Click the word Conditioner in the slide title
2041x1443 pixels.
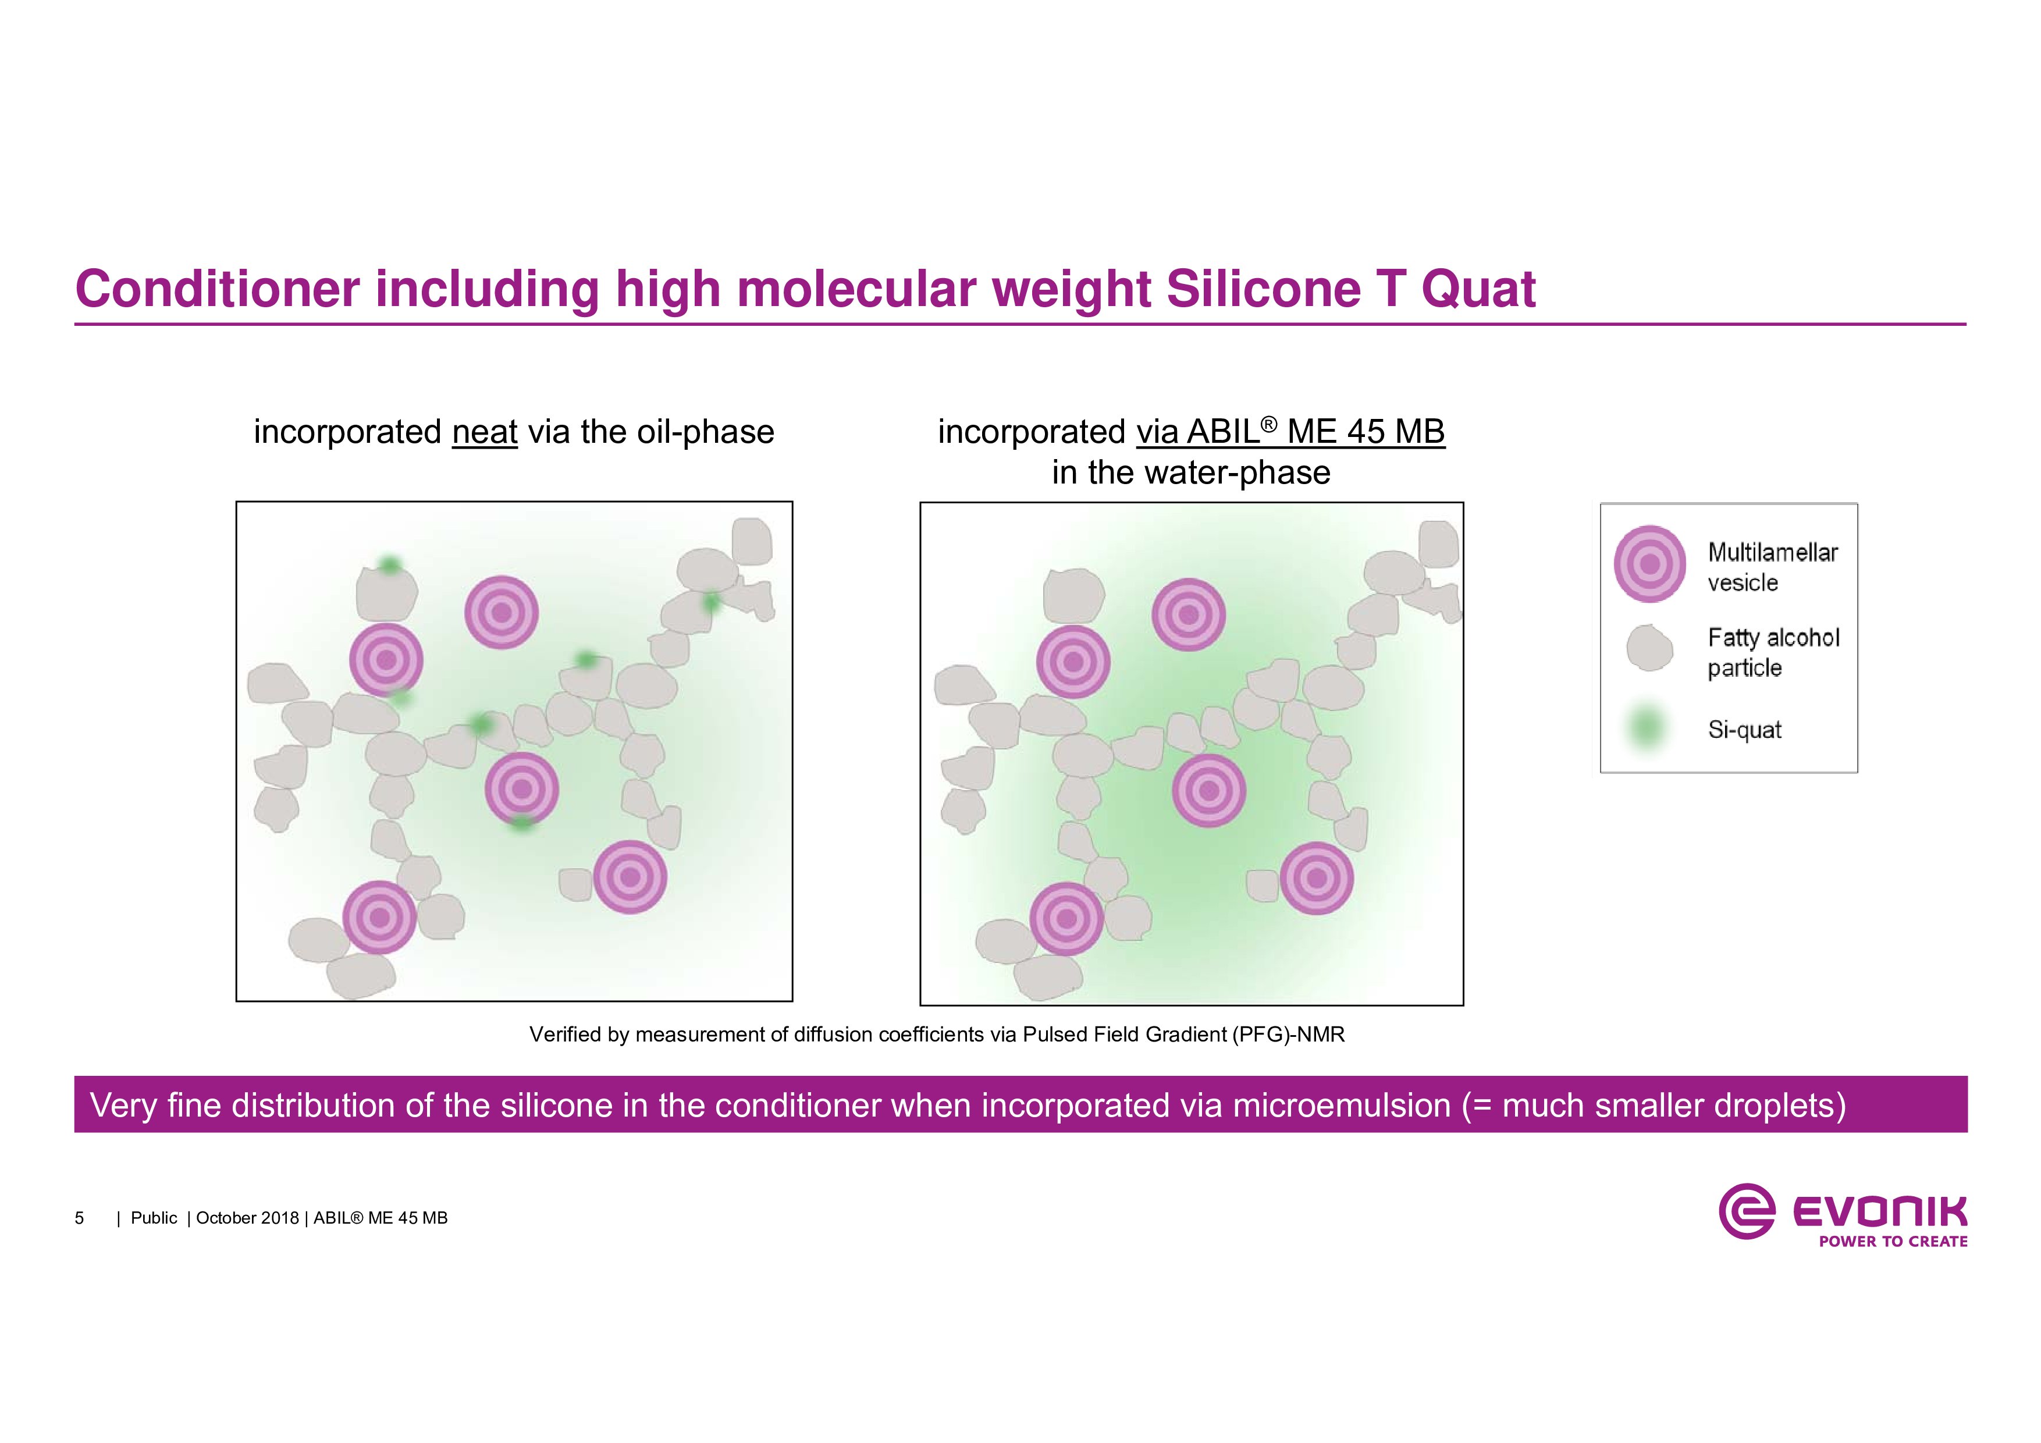[x=218, y=289]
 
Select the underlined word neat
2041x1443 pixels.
[x=485, y=432]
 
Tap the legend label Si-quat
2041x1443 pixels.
[x=1744, y=730]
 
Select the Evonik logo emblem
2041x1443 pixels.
[x=1747, y=1211]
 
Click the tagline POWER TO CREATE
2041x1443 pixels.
[x=1893, y=1241]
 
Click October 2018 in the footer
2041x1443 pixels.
[x=247, y=1218]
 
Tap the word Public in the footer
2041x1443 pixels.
[x=154, y=1218]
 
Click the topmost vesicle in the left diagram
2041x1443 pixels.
[x=502, y=613]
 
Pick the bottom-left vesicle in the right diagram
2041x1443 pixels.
[x=1066, y=918]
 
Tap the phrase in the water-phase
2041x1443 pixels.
[x=1191, y=472]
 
